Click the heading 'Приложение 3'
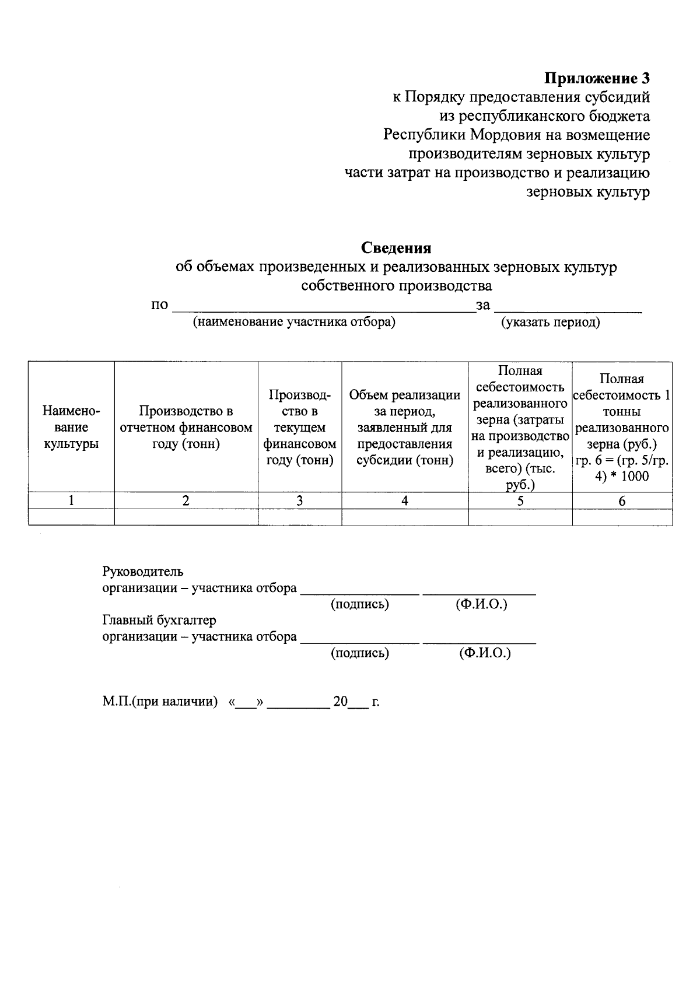pos(597,78)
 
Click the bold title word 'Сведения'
pos(396,248)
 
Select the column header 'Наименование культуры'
pos(71,428)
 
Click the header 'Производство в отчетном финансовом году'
pos(186,428)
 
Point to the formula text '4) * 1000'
pos(622,476)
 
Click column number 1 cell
pos(71,500)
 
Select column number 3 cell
pos(300,500)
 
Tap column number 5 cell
pos(520,500)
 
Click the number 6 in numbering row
pos(622,501)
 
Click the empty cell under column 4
pos(405,517)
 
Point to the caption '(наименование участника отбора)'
pos(294,322)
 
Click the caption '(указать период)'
pos(550,322)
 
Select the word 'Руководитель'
pos(143,572)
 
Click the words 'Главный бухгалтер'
pos(159,620)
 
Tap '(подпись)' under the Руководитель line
pos(359,604)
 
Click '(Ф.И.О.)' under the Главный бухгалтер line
pos(485,653)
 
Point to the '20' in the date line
pos(340,702)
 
